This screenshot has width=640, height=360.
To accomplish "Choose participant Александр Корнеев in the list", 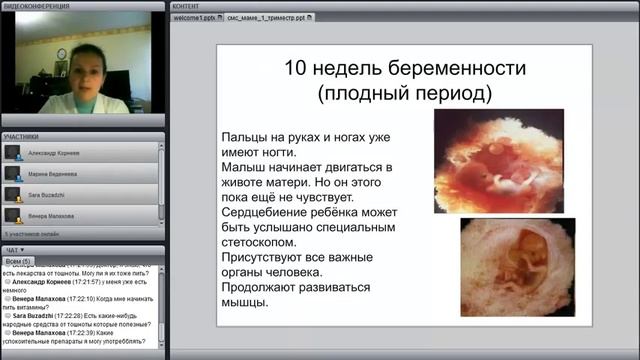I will pos(57,152).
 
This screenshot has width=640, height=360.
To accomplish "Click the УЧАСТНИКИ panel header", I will pos(21,135).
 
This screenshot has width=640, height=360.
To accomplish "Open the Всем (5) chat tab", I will pos(20,260).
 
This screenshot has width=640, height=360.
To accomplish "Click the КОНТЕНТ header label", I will pos(186,5).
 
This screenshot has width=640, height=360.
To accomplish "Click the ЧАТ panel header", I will pos(13,249).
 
